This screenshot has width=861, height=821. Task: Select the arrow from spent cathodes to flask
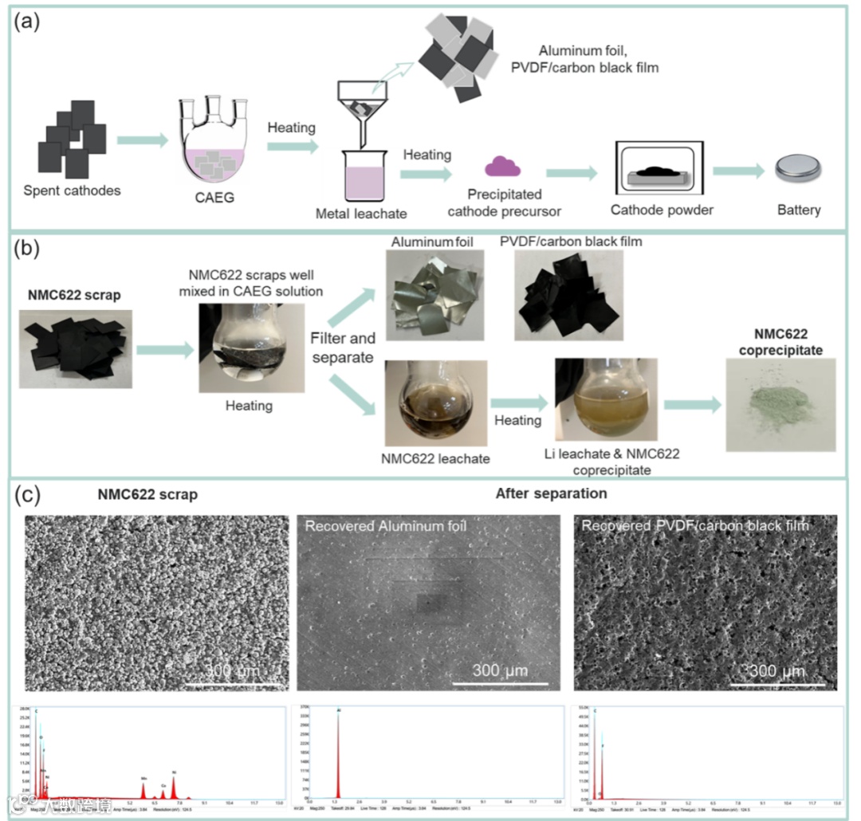(142, 141)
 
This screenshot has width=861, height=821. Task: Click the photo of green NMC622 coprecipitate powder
(780, 404)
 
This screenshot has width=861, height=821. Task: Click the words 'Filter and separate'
(343, 348)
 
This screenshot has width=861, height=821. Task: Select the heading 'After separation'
(551, 493)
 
